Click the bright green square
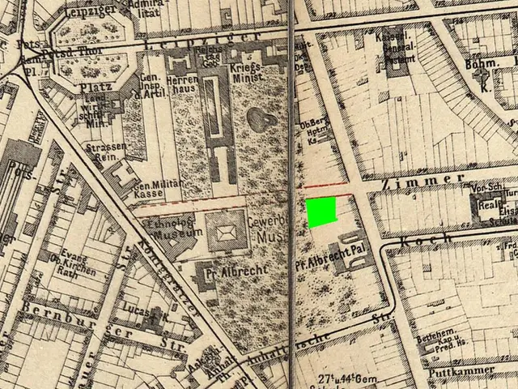point(321,212)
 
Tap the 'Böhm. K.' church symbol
point(484,79)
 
